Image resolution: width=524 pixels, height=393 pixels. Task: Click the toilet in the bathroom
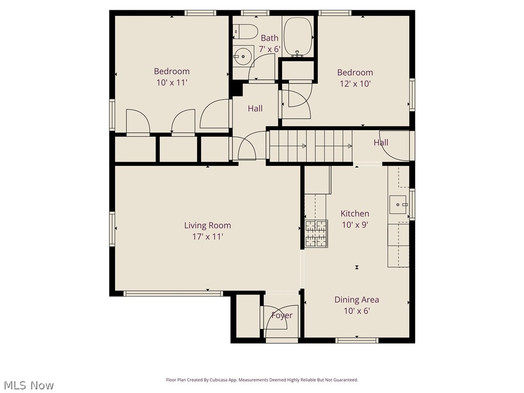tap(245, 31)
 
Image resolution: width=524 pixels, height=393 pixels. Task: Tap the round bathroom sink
tap(243, 56)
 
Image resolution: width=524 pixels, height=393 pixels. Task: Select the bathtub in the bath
tap(297, 37)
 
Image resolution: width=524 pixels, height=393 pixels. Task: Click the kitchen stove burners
tap(316, 233)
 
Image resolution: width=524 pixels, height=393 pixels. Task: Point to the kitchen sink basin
tap(398, 205)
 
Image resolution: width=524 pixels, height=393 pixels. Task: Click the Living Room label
tap(208, 225)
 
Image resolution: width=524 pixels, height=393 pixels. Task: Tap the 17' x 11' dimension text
tap(208, 236)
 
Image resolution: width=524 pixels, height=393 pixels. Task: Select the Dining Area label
tap(357, 300)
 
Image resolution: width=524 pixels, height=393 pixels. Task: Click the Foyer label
tap(282, 315)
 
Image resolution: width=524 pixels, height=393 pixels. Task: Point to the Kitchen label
tap(355, 213)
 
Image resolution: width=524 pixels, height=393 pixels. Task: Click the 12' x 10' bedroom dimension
tap(355, 83)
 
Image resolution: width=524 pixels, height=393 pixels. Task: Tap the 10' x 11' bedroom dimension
tap(172, 82)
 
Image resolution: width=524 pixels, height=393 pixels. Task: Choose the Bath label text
tap(269, 38)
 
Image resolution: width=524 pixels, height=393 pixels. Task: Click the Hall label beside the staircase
tap(381, 143)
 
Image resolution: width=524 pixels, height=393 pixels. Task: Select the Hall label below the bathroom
tap(255, 108)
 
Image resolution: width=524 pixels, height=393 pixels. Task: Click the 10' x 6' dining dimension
tap(357, 311)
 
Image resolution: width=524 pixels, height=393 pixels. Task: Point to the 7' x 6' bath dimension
tap(269, 49)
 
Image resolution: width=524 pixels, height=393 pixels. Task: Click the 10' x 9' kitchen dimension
tap(355, 225)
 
